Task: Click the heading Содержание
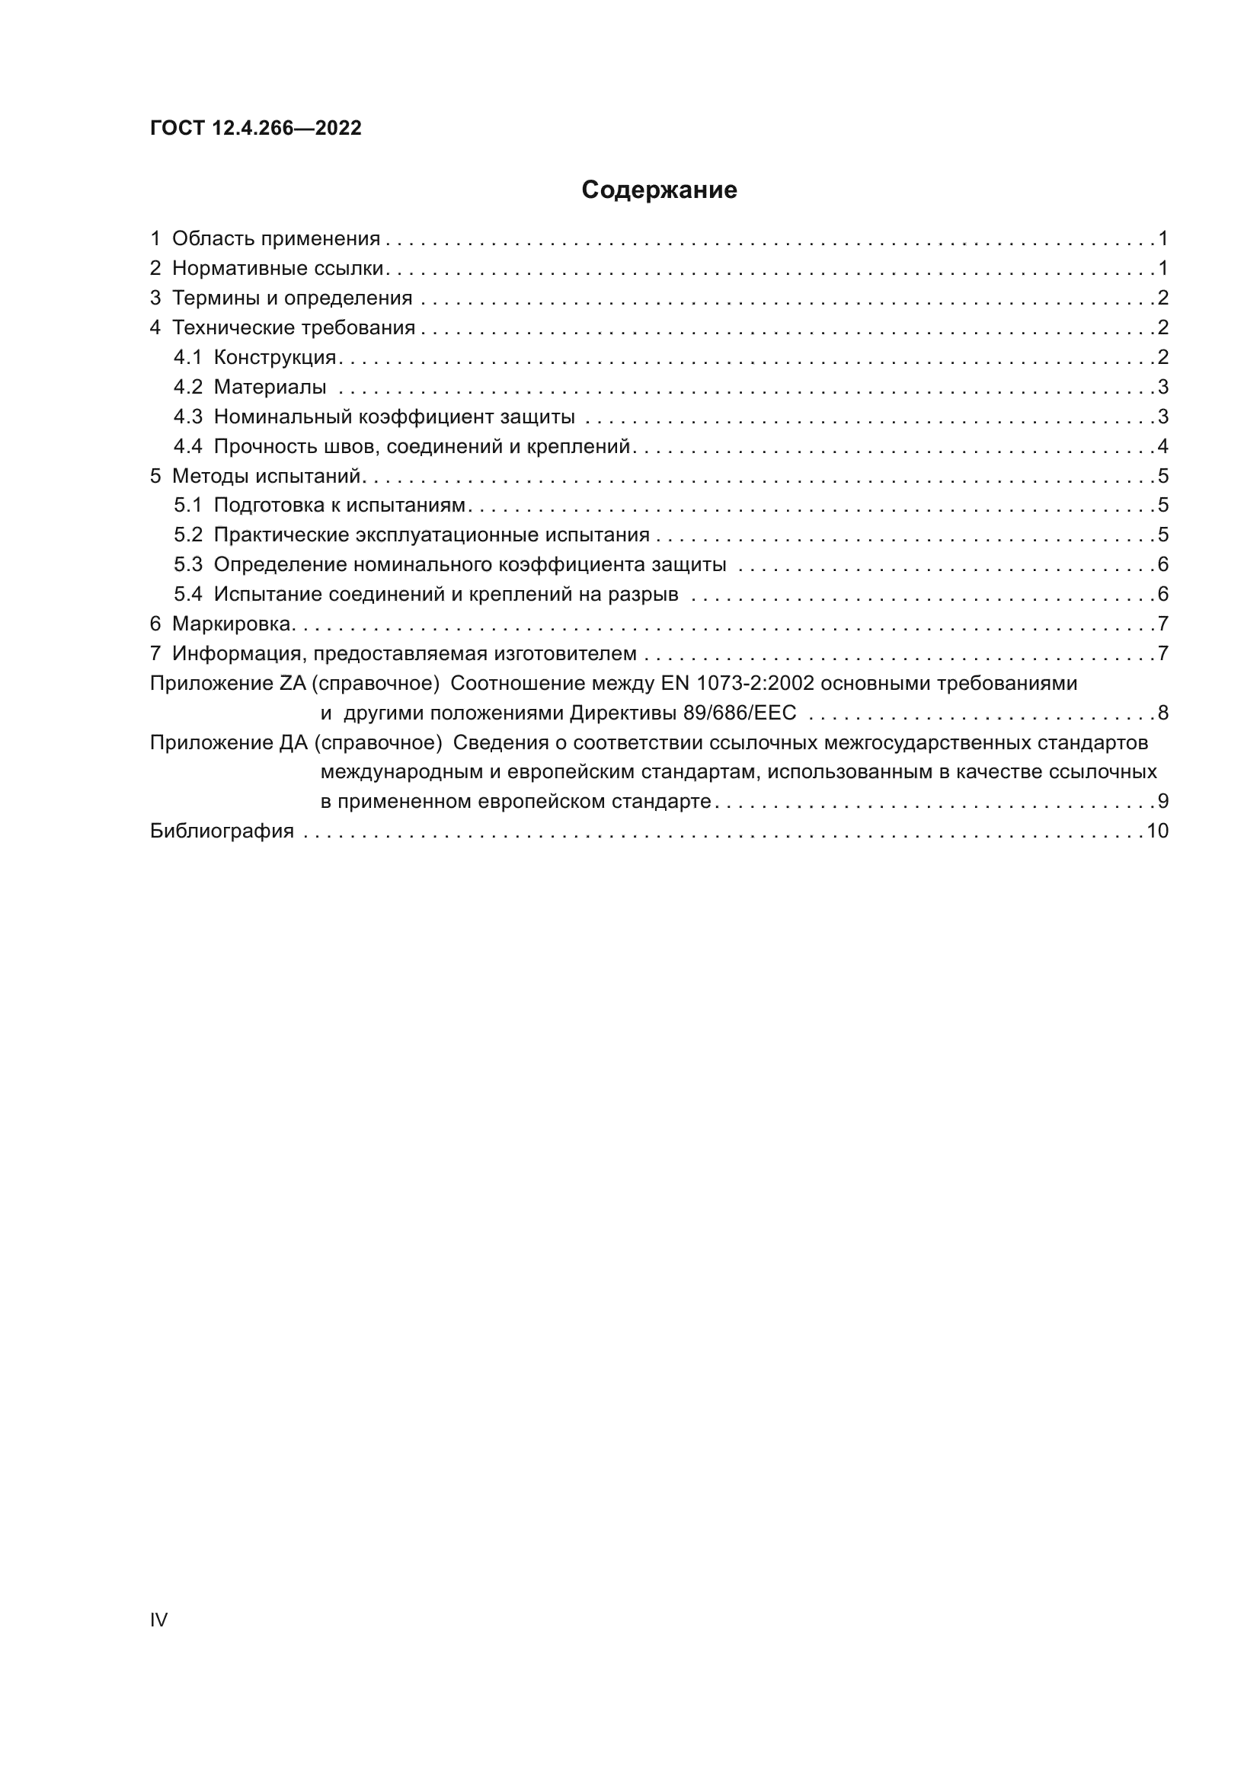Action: [659, 190]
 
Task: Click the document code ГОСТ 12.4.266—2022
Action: [255, 128]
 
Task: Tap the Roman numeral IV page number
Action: [158, 1620]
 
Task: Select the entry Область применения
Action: [276, 238]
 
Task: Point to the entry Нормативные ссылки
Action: [278, 268]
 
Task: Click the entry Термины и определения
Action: [292, 298]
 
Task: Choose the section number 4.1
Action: [187, 358]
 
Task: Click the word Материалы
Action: [270, 387]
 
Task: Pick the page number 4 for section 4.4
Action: [1162, 446]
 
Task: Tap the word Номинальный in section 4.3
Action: [283, 417]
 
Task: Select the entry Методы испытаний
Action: [266, 475]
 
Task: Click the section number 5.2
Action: [187, 535]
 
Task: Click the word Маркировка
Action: [232, 624]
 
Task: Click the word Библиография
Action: [222, 831]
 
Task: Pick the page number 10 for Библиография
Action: [1158, 831]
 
